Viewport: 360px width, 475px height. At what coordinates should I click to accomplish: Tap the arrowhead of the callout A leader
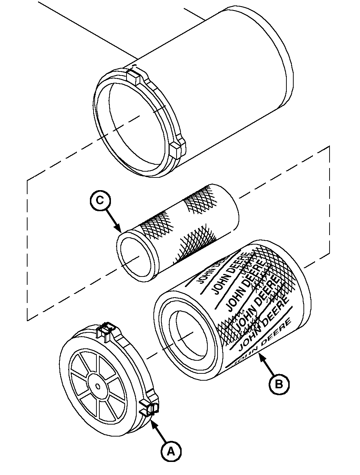pyautogui.click(x=152, y=421)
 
